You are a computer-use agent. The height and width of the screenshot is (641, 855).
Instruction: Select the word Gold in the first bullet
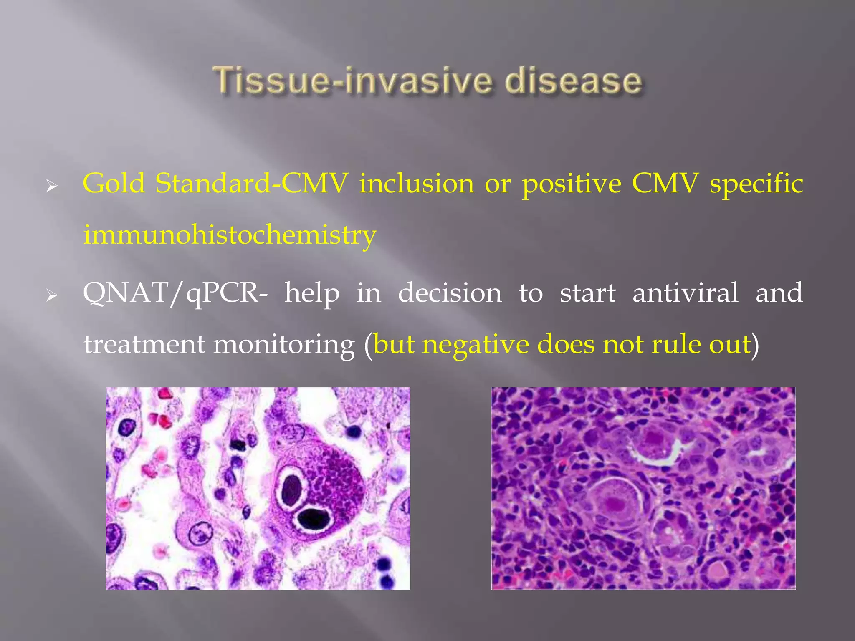pyautogui.click(x=114, y=183)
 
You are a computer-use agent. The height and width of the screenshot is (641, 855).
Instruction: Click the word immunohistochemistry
pyautogui.click(x=230, y=235)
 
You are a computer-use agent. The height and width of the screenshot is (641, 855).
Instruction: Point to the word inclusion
pyautogui.click(x=417, y=183)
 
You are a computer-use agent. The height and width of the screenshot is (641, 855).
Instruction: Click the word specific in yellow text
pyautogui.click(x=756, y=184)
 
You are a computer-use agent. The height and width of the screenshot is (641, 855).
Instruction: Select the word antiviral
pyautogui.click(x=685, y=293)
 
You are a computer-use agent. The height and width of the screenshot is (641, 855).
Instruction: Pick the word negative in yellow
pyautogui.click(x=475, y=345)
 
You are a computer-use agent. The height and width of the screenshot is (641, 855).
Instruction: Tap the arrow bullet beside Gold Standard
pyautogui.click(x=51, y=186)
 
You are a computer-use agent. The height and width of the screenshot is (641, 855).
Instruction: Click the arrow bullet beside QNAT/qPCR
pyautogui.click(x=51, y=296)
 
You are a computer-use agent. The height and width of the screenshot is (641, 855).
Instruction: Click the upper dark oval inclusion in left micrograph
pyautogui.click(x=291, y=489)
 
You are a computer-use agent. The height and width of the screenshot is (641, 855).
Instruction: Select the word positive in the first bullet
pyautogui.click(x=572, y=184)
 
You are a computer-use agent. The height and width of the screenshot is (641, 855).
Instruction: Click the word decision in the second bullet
pyautogui.click(x=450, y=293)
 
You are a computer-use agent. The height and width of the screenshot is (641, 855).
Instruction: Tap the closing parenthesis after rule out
pyautogui.click(x=755, y=345)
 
